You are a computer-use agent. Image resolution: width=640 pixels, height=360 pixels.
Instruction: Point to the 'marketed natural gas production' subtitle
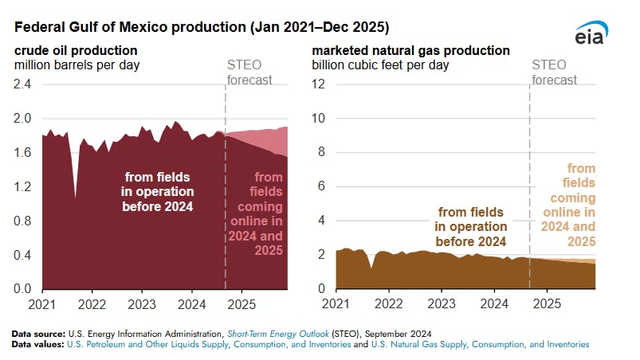click(410, 50)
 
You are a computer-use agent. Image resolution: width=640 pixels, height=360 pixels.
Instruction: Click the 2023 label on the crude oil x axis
click(142, 305)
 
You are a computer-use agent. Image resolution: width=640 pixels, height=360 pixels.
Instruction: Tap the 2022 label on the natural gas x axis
click(388, 305)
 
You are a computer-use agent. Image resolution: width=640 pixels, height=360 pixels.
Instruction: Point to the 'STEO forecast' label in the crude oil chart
click(246, 72)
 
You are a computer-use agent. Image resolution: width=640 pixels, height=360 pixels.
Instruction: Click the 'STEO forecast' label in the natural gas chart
click(554, 72)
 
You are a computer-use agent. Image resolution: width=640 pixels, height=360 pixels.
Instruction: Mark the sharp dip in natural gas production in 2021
click(371, 268)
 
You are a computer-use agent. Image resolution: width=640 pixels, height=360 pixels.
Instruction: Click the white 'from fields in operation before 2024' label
click(158, 191)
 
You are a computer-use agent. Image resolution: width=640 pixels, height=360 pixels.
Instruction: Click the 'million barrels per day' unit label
click(77, 64)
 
